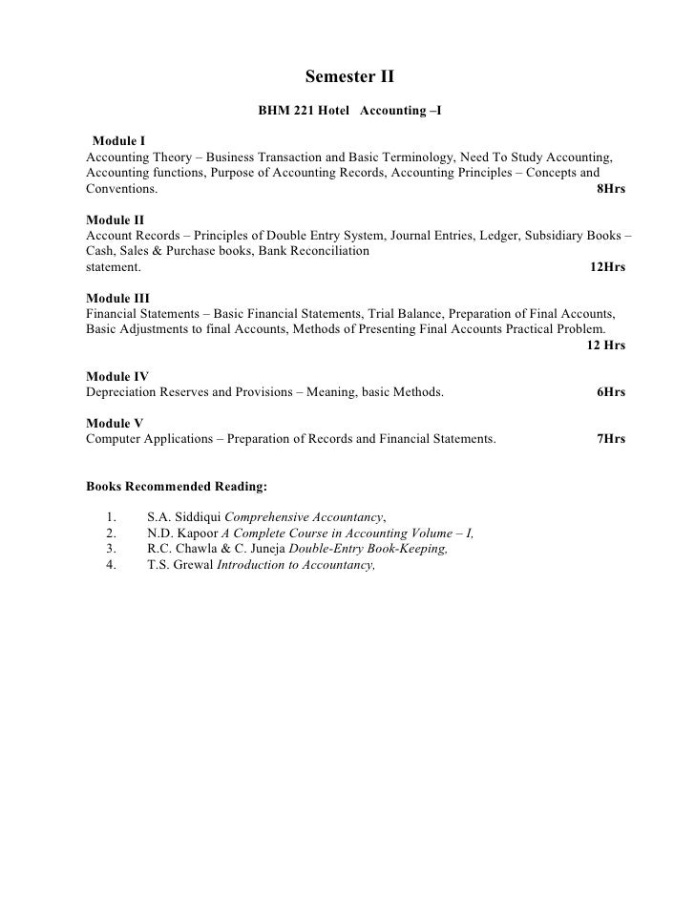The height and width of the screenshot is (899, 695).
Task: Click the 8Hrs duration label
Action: point(610,190)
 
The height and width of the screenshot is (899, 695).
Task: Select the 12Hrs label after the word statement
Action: point(607,268)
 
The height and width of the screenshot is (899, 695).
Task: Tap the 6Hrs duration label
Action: point(610,392)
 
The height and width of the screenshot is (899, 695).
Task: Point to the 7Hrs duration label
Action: point(610,439)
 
